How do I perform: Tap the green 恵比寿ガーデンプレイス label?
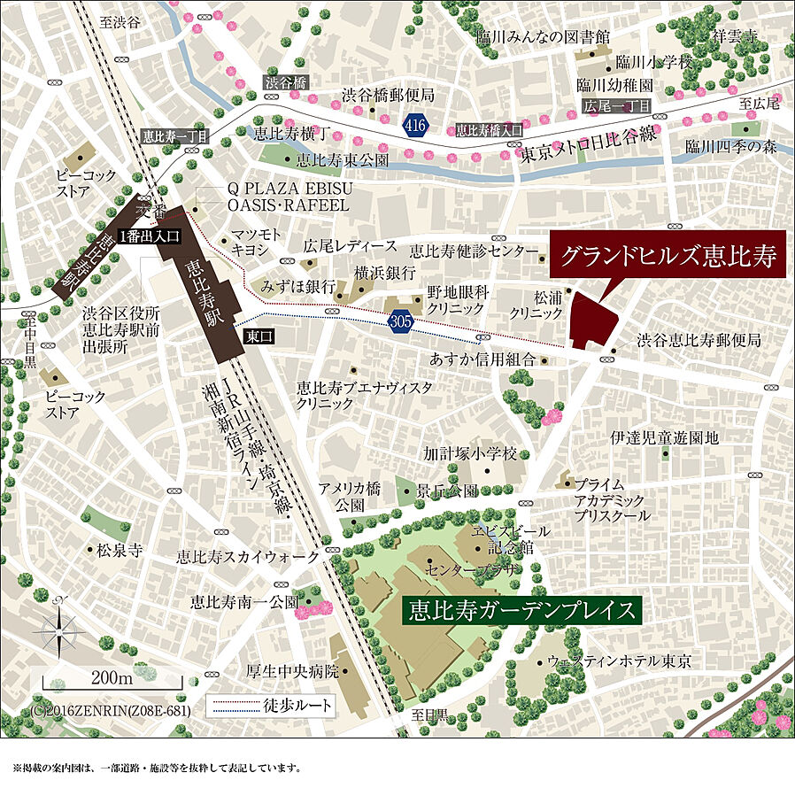(523, 611)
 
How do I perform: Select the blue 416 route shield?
(415, 126)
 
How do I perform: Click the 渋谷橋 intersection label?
(285, 82)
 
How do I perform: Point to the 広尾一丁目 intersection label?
(617, 106)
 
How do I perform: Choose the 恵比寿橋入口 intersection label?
(489, 129)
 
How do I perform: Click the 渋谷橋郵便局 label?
(388, 95)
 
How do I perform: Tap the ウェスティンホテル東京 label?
(620, 661)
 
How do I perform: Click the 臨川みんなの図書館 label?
(543, 37)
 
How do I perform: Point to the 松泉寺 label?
(120, 550)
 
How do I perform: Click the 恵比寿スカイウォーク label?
(247, 557)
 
